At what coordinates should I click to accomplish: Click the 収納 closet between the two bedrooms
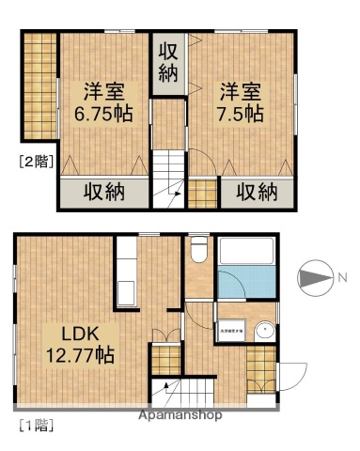point(169,62)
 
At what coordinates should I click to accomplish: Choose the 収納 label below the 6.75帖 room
point(104,193)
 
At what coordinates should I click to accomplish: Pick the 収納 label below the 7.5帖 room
point(256,193)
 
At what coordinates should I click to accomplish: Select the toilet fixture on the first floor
point(197,251)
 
